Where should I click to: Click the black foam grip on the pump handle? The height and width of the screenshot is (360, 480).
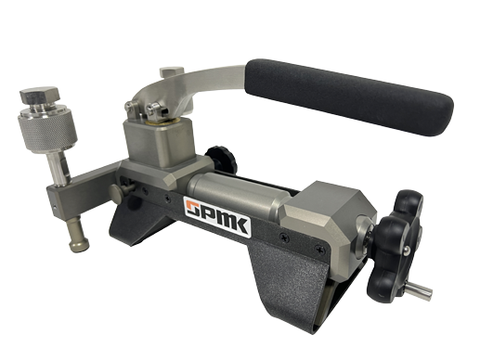pyautogui.click(x=349, y=96)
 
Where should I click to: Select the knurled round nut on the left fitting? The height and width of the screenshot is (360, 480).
pyautogui.click(x=47, y=129)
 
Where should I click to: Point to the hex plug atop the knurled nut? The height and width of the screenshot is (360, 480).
pyautogui.click(x=40, y=95)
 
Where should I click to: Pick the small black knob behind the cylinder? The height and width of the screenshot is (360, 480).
pyautogui.click(x=222, y=159)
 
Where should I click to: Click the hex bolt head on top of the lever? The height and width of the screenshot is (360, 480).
pyautogui.click(x=172, y=71)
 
